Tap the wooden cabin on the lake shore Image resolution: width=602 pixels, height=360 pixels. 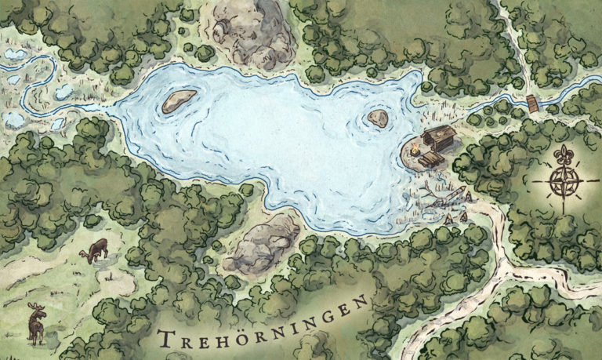(x=439, y=140)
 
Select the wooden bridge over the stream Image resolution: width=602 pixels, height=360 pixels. (x=533, y=103)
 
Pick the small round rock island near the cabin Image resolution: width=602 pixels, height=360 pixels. (x=378, y=118)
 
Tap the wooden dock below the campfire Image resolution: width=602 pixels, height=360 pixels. (x=430, y=160)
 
